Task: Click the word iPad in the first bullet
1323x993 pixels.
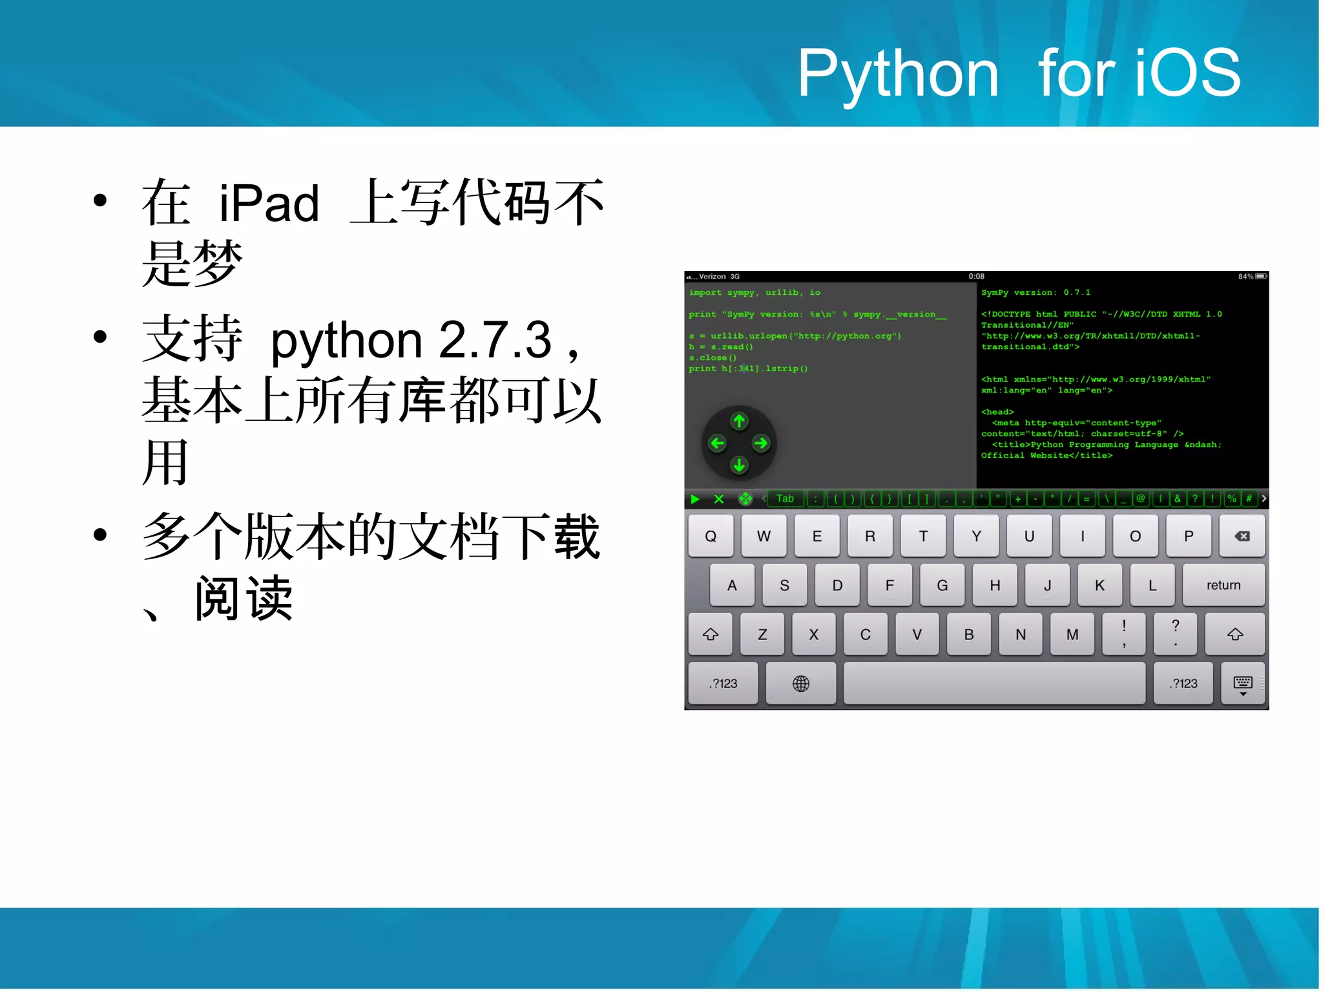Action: [269, 204]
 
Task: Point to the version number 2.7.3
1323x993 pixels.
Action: [495, 340]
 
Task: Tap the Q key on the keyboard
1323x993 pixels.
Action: [711, 536]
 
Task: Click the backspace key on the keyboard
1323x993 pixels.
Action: [1242, 536]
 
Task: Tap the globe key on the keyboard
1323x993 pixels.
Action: [800, 683]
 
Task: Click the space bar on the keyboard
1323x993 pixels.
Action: [994, 683]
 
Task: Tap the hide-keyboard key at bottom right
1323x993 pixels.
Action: [1243, 683]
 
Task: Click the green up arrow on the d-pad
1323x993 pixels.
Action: [739, 422]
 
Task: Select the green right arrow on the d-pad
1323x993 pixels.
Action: [761, 443]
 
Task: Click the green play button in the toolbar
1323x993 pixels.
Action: [695, 499]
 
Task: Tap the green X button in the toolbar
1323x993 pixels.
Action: [718, 499]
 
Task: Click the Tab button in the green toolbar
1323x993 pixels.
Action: [785, 498]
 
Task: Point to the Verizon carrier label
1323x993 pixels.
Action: [712, 277]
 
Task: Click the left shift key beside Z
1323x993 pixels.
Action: [711, 634]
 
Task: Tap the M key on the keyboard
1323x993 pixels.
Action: [1072, 634]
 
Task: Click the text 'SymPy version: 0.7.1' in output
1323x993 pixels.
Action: [1036, 293]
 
